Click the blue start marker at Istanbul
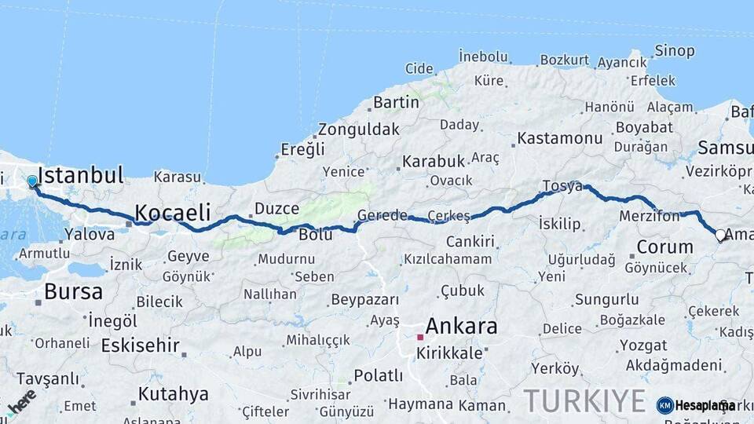click(x=32, y=181)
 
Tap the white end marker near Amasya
click(x=720, y=234)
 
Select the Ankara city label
click(x=461, y=325)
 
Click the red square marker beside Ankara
click(x=420, y=337)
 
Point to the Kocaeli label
click(x=173, y=212)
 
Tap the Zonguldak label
click(x=359, y=130)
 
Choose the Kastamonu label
click(x=559, y=138)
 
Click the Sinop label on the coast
click(x=675, y=52)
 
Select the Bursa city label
click(x=73, y=292)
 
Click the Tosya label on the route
click(x=562, y=186)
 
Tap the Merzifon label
click(x=649, y=216)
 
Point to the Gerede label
click(x=382, y=215)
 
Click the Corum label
click(x=664, y=247)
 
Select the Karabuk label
click(x=434, y=161)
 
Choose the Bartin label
click(x=396, y=102)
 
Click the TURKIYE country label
click(x=584, y=400)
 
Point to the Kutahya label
click(x=173, y=393)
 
